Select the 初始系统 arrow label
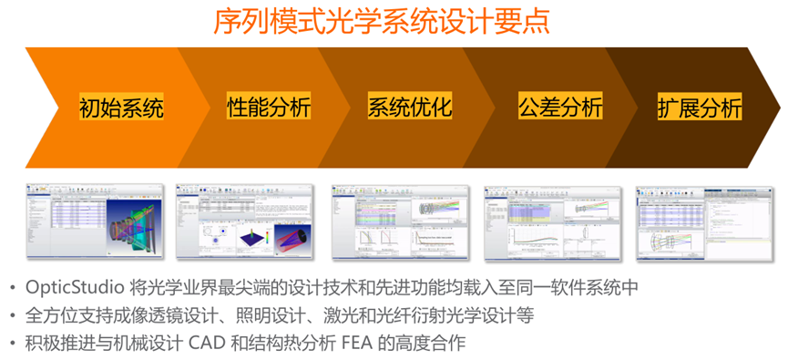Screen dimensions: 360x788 [122, 108]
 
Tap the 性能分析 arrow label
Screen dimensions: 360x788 [268, 107]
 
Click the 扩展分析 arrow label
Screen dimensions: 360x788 [700, 108]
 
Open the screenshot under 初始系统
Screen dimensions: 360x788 [96, 223]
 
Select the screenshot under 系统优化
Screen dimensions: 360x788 [400, 224]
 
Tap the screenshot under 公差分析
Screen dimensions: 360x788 [552, 224]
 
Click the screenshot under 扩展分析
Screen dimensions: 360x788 [703, 224]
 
